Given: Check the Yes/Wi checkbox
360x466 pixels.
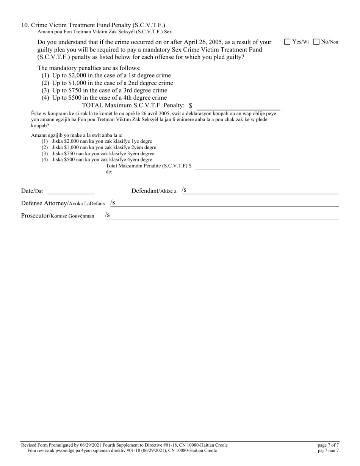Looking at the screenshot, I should click(287, 42).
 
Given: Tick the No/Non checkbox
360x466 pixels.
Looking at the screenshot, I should click(316, 42).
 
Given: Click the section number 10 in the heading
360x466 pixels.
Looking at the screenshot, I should click(25, 25).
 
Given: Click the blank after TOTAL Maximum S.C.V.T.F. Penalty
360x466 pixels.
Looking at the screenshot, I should click(238, 106).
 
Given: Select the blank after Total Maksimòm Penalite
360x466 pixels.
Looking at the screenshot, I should click(238, 166).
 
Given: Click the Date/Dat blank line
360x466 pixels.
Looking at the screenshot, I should click(70, 191).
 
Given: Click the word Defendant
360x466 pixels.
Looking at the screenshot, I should click(145, 191).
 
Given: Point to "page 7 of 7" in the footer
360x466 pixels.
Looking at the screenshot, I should click(328, 445).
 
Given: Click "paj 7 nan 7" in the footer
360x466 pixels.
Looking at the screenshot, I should click(329, 450).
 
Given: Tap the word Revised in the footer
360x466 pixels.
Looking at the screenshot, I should click(30, 445).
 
